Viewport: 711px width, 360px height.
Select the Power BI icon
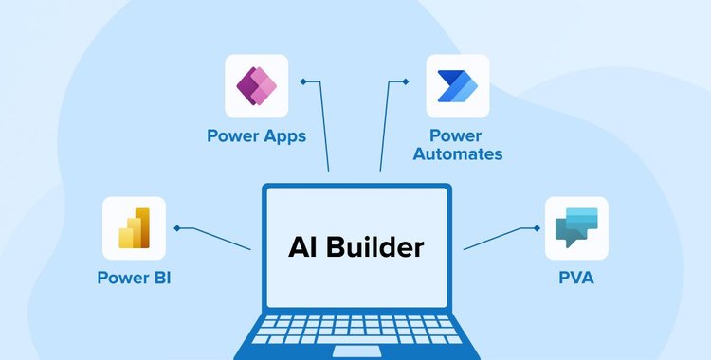(x=134, y=228)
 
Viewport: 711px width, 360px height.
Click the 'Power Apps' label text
(x=256, y=135)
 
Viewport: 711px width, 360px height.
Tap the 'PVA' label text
(x=576, y=279)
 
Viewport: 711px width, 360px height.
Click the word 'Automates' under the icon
(x=465, y=153)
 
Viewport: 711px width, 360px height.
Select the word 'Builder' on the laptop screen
(x=378, y=248)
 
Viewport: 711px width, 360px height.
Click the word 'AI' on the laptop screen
(x=303, y=248)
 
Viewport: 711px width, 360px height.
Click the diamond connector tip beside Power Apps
(x=303, y=81)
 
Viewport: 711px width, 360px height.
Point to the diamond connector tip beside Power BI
(x=177, y=228)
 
